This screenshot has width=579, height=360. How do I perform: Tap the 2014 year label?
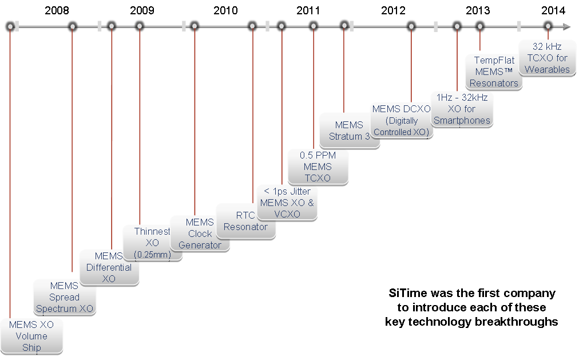tap(553, 10)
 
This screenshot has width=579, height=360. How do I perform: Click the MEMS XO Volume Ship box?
tap(31, 336)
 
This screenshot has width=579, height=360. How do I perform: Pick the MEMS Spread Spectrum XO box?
tap(64, 297)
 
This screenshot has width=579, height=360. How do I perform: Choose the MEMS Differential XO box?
tap(109, 267)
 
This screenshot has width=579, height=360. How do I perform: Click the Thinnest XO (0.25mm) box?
tap(152, 243)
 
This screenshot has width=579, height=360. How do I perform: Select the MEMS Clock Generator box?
tap(200, 234)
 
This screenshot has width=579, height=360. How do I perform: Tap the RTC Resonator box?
tap(245, 221)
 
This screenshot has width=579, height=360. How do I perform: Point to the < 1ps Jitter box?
tap(287, 203)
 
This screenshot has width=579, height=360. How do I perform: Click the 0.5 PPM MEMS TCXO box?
tap(318, 167)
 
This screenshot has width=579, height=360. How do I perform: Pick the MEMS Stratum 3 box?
tap(349, 130)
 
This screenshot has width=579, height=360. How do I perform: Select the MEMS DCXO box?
tap(402, 120)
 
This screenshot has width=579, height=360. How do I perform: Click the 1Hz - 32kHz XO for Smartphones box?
tap(462, 109)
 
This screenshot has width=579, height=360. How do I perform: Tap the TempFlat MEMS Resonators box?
tap(494, 72)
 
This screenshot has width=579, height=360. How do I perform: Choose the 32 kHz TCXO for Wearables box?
tap(547, 58)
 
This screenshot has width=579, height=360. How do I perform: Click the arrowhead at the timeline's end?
tap(566, 26)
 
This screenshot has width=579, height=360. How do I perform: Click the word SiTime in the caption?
tap(400, 293)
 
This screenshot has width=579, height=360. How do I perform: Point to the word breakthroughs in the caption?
tap(516, 321)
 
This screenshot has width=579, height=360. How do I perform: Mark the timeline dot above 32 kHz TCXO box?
tap(548, 26)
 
